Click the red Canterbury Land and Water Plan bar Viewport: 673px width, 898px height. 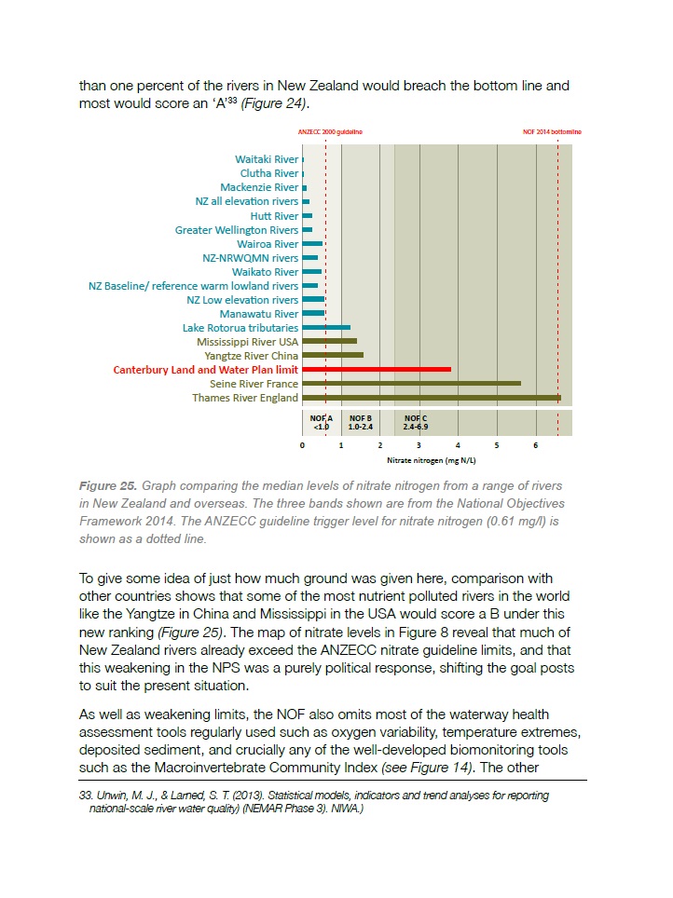(x=377, y=370)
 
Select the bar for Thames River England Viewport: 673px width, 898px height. (x=432, y=398)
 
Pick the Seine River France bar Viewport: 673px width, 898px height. (x=411, y=384)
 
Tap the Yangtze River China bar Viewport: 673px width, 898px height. (x=333, y=356)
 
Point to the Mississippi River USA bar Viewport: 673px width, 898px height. (x=329, y=342)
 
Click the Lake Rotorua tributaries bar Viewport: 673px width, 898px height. (x=326, y=328)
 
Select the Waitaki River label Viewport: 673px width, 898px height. (x=267, y=159)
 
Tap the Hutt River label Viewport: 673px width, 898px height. (x=274, y=216)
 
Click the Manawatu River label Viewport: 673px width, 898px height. (x=259, y=314)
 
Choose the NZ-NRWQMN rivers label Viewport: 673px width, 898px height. (x=250, y=258)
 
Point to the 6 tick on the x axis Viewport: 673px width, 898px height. (x=536, y=446)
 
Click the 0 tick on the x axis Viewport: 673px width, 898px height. (x=303, y=446)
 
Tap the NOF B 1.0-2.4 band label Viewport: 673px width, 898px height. (x=361, y=422)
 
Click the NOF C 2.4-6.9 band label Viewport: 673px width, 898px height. (x=416, y=422)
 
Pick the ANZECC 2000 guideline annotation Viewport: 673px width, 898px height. (x=330, y=132)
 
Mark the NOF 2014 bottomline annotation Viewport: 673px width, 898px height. (x=553, y=132)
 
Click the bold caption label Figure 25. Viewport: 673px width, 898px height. (x=108, y=486)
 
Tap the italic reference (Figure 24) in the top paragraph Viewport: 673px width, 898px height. (x=275, y=102)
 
